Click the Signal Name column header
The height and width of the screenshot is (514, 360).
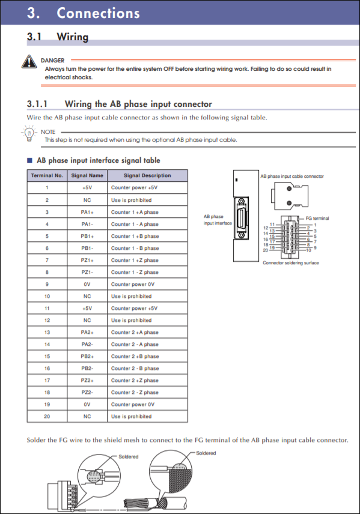click(x=87, y=175)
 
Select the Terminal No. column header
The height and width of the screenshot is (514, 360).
click(x=47, y=175)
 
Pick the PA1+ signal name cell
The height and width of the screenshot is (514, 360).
click(x=87, y=212)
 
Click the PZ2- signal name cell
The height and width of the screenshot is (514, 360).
click(x=87, y=392)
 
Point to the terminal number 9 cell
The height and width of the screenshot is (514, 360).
click(x=47, y=284)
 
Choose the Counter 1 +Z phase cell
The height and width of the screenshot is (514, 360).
click(x=135, y=260)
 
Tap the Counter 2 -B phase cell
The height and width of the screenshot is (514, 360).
click(x=135, y=368)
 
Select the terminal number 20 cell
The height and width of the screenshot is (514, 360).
click(x=47, y=416)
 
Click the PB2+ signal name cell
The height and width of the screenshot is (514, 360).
click(x=87, y=356)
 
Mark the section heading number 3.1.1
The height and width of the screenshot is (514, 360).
click(x=40, y=104)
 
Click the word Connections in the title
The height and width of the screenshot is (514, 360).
click(x=99, y=13)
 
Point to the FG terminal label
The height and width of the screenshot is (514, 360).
click(x=317, y=218)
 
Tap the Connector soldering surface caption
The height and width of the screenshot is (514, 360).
click(x=291, y=262)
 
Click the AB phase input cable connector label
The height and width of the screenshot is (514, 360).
click(x=291, y=177)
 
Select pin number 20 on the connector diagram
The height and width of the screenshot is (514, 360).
click(x=265, y=250)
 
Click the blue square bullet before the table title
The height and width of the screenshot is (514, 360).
click(x=29, y=160)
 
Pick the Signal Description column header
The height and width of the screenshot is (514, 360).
click(x=147, y=175)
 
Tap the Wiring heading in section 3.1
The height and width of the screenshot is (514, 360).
click(x=72, y=37)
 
